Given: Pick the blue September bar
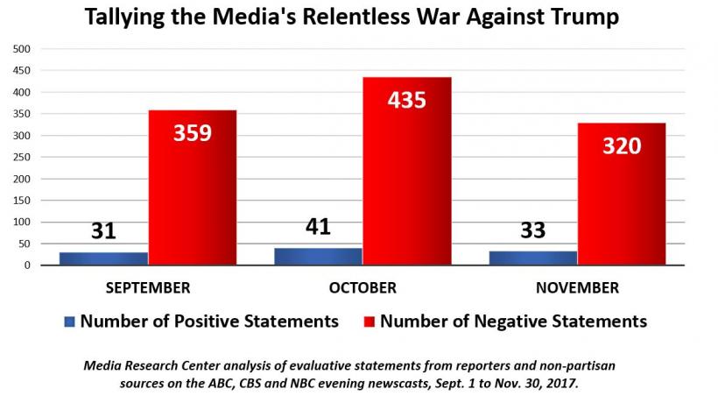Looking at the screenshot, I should pyautogui.click(x=104, y=258).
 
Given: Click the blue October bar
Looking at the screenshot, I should pyautogui.click(x=318, y=256).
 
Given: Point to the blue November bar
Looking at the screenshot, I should pyautogui.click(x=532, y=258).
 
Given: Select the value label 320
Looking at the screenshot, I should pyautogui.click(x=621, y=145).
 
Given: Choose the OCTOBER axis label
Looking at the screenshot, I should pyautogui.click(x=362, y=287).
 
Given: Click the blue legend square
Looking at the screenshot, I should pyautogui.click(x=70, y=322).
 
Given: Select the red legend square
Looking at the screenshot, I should pyautogui.click(x=369, y=322).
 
